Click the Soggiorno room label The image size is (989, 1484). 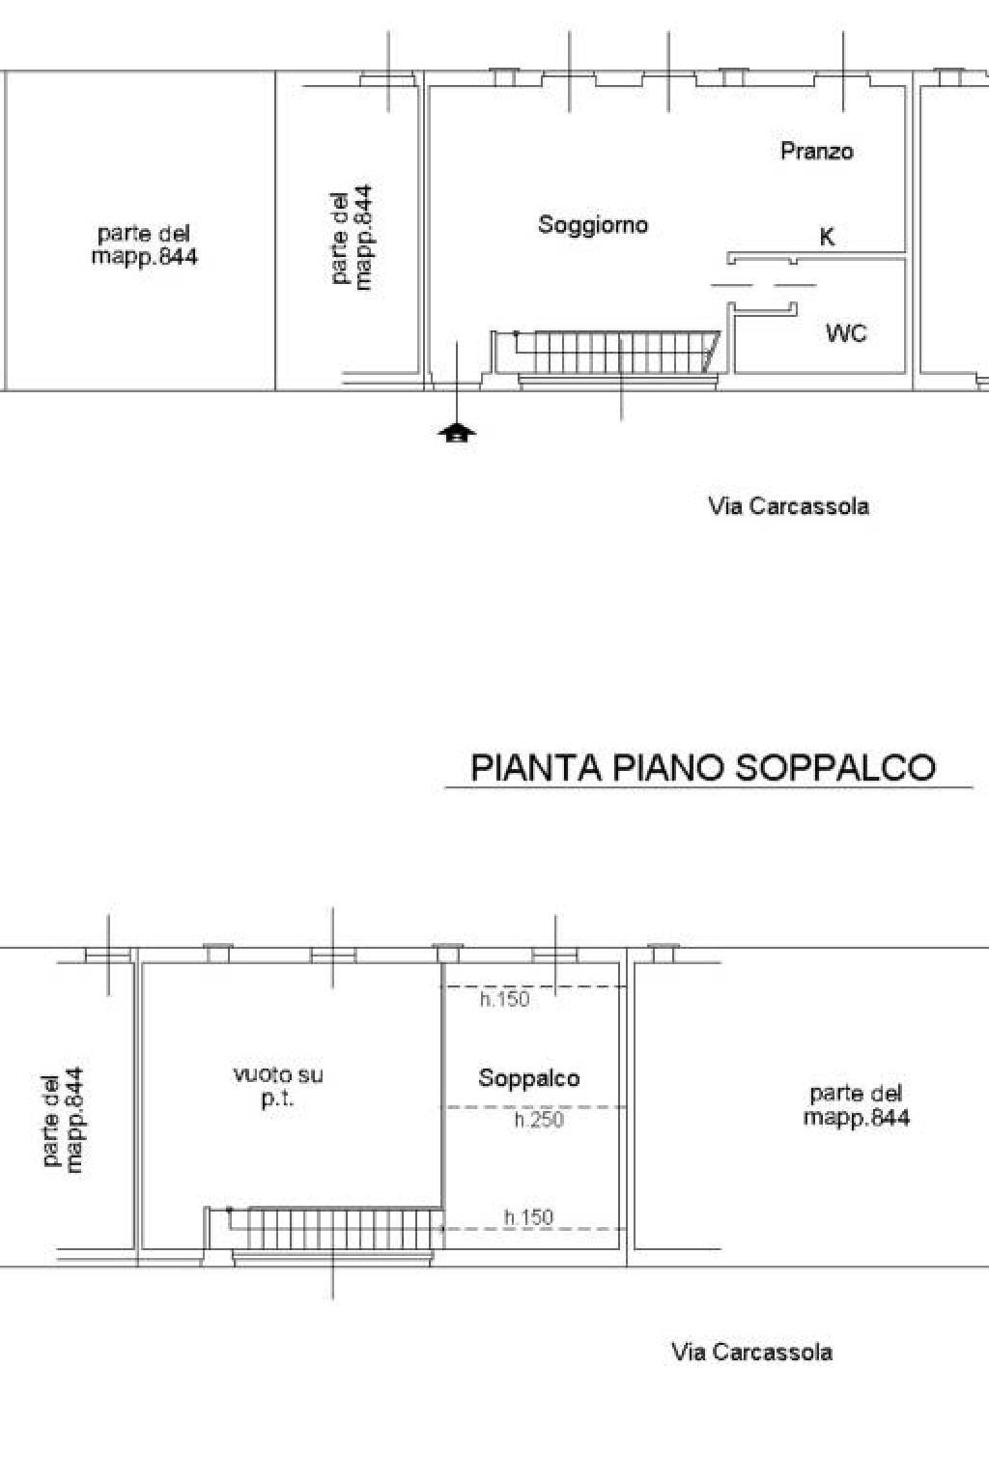pyautogui.click(x=593, y=225)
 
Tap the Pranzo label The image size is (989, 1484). pyautogui.click(x=817, y=151)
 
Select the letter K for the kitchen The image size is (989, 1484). pyautogui.click(x=827, y=237)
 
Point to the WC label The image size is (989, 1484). pyautogui.click(x=847, y=332)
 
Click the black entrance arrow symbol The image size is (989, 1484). pyautogui.click(x=457, y=433)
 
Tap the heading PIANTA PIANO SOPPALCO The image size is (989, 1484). pyautogui.click(x=703, y=768)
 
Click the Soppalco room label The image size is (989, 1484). pyautogui.click(x=529, y=1078)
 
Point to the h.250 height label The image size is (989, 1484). pyautogui.click(x=539, y=1120)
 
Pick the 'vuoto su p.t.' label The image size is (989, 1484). pyautogui.click(x=278, y=1086)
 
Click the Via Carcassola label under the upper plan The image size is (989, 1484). pyautogui.click(x=789, y=507)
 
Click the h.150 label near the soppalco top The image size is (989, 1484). pyautogui.click(x=505, y=999)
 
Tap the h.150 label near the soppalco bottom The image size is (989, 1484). pyautogui.click(x=528, y=1217)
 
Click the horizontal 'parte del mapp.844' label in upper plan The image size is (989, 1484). pyautogui.click(x=145, y=245)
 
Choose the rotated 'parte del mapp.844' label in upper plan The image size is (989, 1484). pyautogui.click(x=352, y=237)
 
